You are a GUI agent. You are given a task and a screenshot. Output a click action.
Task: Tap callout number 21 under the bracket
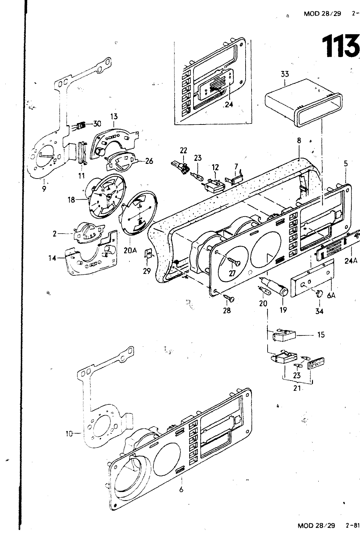point(297,388)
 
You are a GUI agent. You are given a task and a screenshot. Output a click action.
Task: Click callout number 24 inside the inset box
point(229,104)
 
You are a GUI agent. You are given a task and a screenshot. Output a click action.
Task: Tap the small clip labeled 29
point(148,256)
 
